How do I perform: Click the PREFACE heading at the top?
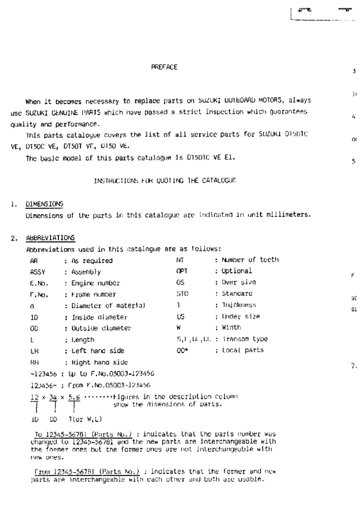[164, 67]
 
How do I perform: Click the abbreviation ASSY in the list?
[37, 271]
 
